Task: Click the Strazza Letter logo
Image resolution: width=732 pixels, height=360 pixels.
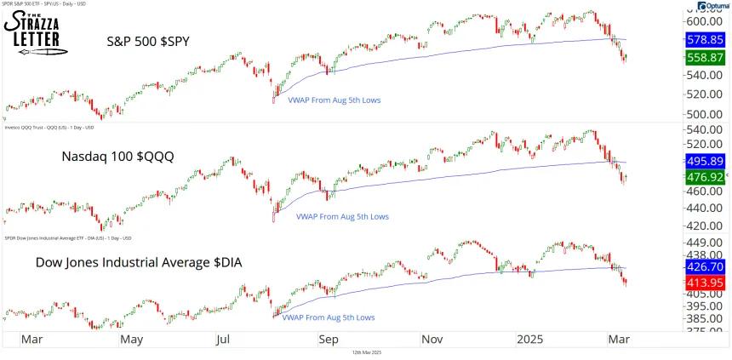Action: coord(37,32)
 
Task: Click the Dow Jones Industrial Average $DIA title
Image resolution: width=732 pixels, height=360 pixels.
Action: coord(138,263)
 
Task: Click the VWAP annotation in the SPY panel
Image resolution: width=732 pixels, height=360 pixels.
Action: coord(335,100)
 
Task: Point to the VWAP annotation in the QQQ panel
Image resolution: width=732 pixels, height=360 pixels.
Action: coord(341,216)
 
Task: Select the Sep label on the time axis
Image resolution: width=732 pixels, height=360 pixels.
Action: coord(328,339)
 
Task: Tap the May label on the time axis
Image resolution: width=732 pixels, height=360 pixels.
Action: coord(130,339)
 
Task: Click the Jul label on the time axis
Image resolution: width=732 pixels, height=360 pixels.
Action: coord(226,339)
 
